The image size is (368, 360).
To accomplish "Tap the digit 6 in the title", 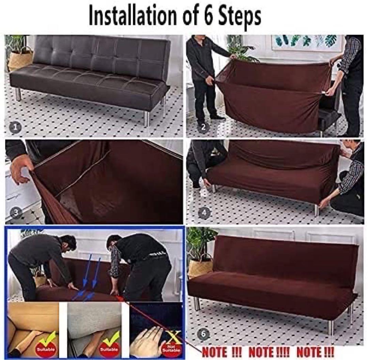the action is tap(207, 16).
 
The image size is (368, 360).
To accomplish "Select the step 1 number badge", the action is tap(15, 127).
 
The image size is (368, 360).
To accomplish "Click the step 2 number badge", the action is tap(203, 127).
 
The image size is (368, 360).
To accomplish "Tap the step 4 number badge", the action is tap(204, 213).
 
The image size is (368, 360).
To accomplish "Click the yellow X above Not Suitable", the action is tap(174, 336).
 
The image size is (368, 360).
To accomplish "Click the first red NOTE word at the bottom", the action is tap(215, 351).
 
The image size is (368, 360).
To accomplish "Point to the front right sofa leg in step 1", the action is tap(147, 119).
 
